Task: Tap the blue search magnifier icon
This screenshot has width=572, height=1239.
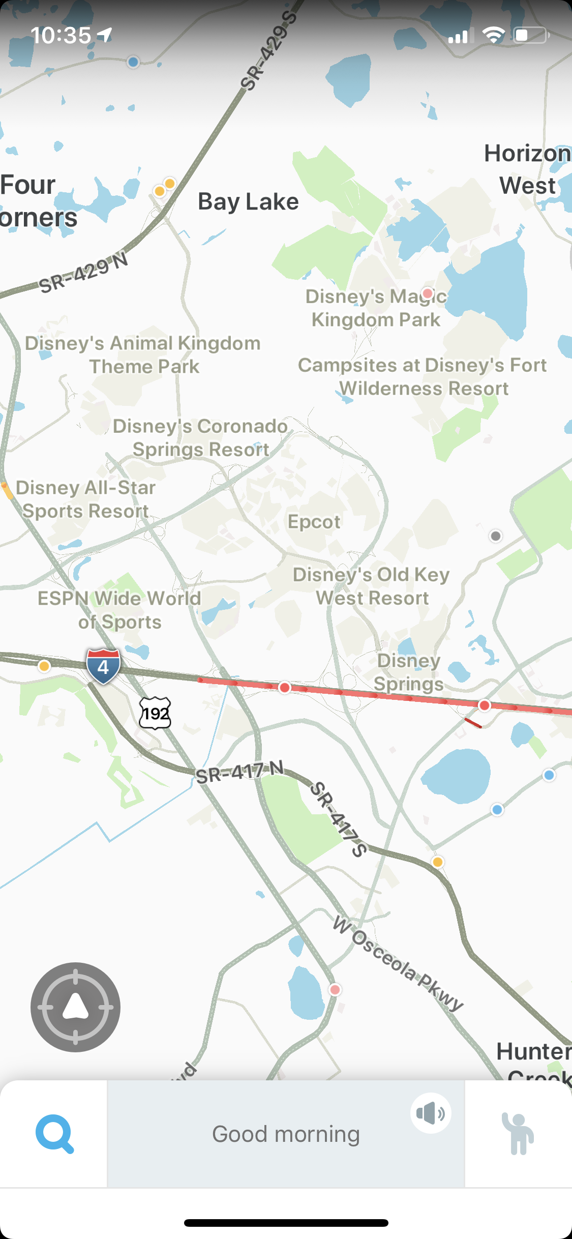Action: click(x=54, y=1134)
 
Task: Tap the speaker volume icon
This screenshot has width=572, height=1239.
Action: click(x=431, y=1113)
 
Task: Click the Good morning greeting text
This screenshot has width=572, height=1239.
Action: click(x=286, y=1134)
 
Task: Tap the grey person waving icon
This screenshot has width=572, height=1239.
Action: click(x=518, y=1134)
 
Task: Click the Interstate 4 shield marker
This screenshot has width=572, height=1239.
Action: click(x=103, y=666)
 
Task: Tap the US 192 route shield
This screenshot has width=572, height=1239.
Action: click(x=155, y=713)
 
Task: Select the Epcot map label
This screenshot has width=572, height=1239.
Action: click(x=314, y=522)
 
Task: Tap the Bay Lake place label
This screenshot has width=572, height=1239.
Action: click(x=248, y=201)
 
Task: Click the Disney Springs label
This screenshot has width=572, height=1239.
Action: click(x=409, y=672)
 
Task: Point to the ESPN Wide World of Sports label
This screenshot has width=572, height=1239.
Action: click(x=119, y=610)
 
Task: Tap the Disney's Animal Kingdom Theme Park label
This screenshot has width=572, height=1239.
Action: click(x=143, y=355)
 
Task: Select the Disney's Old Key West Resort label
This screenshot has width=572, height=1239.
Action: click(x=372, y=586)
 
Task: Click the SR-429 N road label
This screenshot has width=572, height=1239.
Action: click(x=84, y=273)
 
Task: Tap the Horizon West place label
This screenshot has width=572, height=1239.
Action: click(x=528, y=169)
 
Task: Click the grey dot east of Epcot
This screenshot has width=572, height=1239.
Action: click(x=495, y=536)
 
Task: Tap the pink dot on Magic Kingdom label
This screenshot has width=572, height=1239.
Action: click(x=428, y=293)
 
